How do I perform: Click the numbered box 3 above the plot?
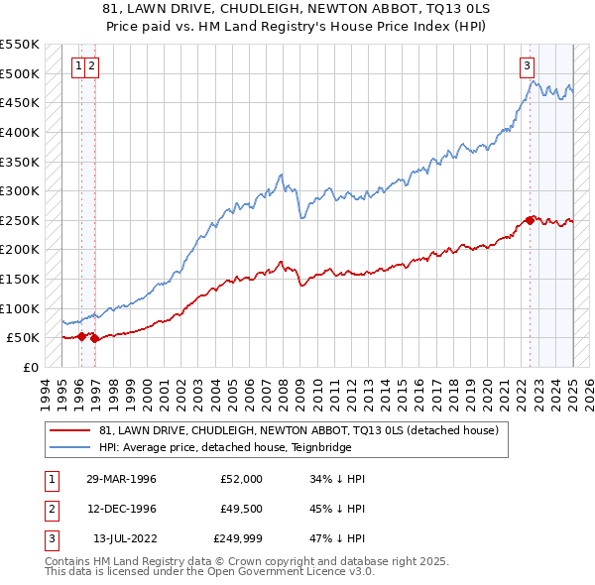point(526,66)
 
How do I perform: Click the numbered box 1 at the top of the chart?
point(77,66)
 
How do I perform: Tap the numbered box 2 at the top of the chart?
point(90,66)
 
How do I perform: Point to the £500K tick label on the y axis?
point(19,73)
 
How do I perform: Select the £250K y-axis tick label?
point(19,220)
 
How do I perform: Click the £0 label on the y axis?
point(30,367)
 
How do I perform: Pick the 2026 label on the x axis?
point(588,391)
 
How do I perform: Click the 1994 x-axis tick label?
point(45,391)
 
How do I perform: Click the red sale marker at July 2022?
point(530,220)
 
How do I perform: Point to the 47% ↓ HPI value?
point(337,539)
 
